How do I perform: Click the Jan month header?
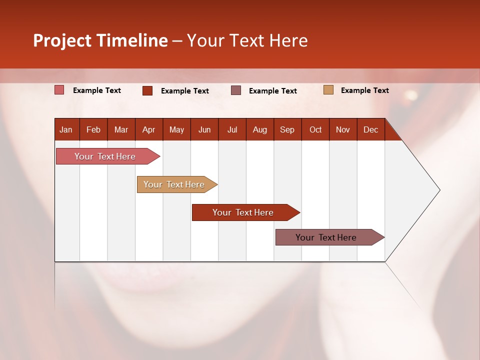[x=66, y=129]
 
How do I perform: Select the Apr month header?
[x=148, y=129]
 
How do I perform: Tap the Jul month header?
[x=232, y=129]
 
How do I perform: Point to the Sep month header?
[x=287, y=129]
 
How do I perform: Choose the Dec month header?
[x=370, y=129]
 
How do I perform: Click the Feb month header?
[x=93, y=129]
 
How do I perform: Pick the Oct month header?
[x=315, y=129]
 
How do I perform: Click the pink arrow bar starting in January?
[x=105, y=156]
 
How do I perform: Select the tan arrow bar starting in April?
[x=174, y=184]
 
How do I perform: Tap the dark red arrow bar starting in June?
[x=243, y=212]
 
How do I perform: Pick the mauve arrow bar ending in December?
[x=326, y=237]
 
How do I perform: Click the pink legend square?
[x=59, y=90]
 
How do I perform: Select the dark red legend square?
[x=147, y=90]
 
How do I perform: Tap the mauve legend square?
[x=236, y=90]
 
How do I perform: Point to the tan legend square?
[x=328, y=90]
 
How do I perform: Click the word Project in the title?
[x=62, y=40]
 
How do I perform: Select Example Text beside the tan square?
[x=364, y=90]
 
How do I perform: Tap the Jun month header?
[x=204, y=129]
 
